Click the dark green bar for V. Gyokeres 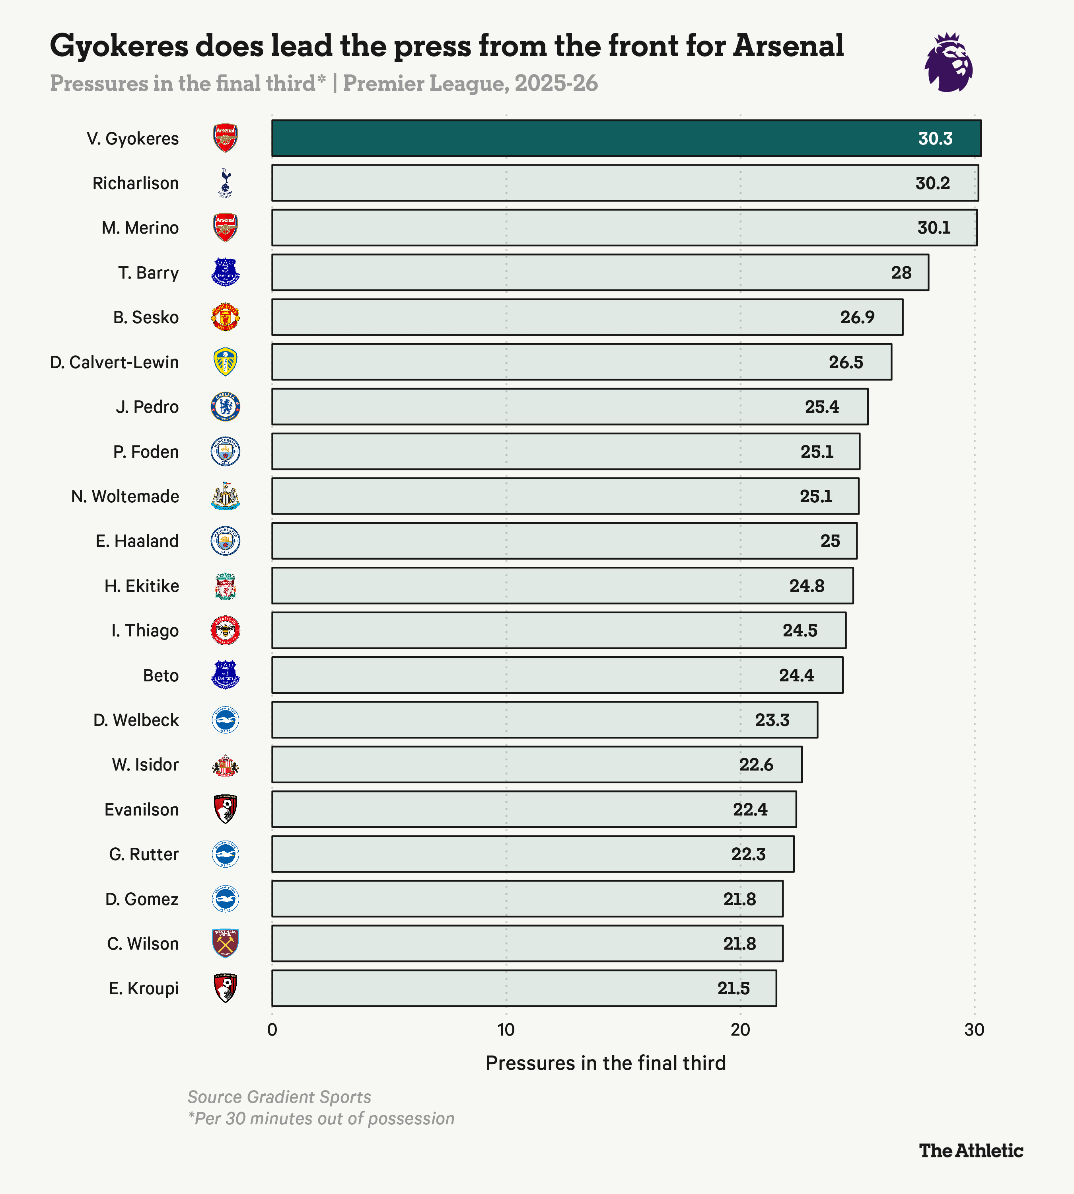pyautogui.click(x=590, y=138)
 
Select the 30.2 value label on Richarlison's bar pyautogui.click(x=932, y=183)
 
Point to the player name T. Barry pyautogui.click(x=148, y=273)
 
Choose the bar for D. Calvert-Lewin pyautogui.click(x=581, y=362)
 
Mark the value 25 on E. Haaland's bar pyautogui.click(x=830, y=541)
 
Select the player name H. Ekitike pyautogui.click(x=142, y=586)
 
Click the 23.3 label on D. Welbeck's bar pyautogui.click(x=772, y=720)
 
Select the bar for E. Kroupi pyautogui.click(x=524, y=988)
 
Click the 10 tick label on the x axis pyautogui.click(x=506, y=1030)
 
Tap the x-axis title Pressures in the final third pyautogui.click(x=605, y=1063)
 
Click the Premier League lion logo pyautogui.click(x=948, y=62)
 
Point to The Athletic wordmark pyautogui.click(x=971, y=1150)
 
